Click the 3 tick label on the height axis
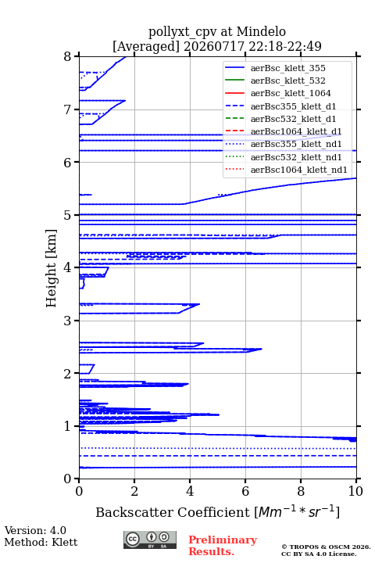click(x=67, y=321)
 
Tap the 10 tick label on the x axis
click(x=355, y=491)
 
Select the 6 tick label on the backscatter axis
click(x=245, y=491)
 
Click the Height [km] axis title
click(x=51, y=268)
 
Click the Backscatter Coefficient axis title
click(x=217, y=512)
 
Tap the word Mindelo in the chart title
click(x=261, y=31)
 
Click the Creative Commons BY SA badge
click(x=150, y=540)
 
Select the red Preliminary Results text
click(x=223, y=546)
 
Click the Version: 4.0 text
click(x=35, y=530)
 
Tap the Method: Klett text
click(x=41, y=542)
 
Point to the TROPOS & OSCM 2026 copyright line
click(x=326, y=547)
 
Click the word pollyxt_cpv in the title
click(x=183, y=32)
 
